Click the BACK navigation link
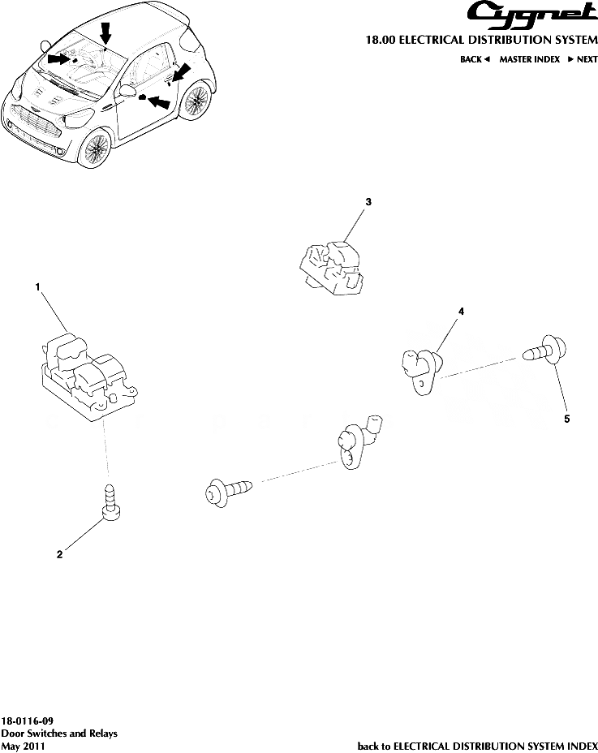click(x=475, y=60)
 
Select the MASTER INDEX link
click(x=529, y=60)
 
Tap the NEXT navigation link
click(x=582, y=60)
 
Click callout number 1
click(x=37, y=286)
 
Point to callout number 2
click(x=59, y=556)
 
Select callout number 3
click(x=368, y=201)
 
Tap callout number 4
click(x=461, y=311)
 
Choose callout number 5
click(x=567, y=420)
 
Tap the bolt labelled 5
click(x=544, y=352)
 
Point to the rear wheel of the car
click(x=193, y=101)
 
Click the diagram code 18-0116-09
click(x=28, y=721)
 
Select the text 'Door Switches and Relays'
click(x=59, y=733)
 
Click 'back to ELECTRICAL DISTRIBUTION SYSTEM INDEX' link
click(x=478, y=745)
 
